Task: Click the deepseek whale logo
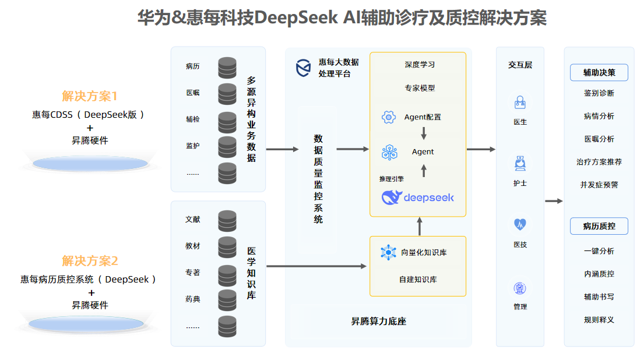392,197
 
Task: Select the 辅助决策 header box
599,73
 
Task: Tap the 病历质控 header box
599,226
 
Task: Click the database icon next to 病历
227,67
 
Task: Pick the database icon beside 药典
227,299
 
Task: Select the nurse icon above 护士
520,164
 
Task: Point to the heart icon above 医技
520,224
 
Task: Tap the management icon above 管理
520,288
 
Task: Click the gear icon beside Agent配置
389,117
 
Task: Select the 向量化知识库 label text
424,252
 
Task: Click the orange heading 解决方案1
90,96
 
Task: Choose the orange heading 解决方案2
90,261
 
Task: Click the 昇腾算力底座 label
378,321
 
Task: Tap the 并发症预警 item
599,185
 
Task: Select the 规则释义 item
599,319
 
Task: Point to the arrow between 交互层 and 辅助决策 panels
554,201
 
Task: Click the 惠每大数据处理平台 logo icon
303,68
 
